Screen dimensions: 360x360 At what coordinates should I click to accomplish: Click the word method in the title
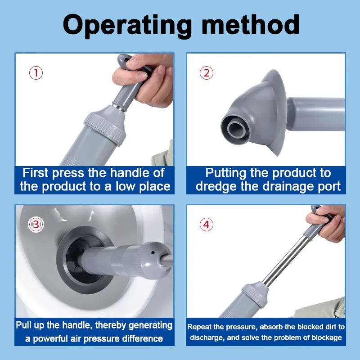[251, 24]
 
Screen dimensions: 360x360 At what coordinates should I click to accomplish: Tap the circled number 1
[36, 73]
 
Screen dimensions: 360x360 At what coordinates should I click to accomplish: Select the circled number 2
[207, 73]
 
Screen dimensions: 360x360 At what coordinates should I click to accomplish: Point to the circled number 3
[36, 225]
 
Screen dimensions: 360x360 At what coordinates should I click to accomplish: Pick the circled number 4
[207, 225]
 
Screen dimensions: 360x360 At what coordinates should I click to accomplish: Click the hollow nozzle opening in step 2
[236, 130]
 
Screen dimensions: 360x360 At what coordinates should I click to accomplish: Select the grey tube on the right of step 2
[316, 114]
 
